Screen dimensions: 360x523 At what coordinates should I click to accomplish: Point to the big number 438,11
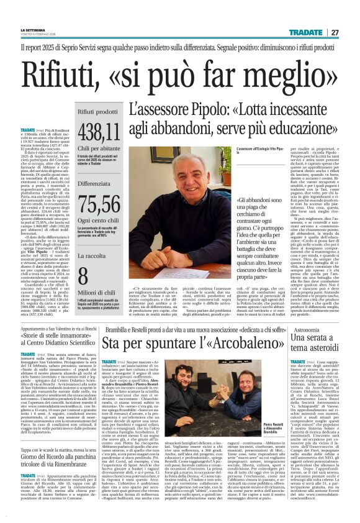tap(100, 131)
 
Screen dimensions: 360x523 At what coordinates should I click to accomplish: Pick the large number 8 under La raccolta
tap(83, 276)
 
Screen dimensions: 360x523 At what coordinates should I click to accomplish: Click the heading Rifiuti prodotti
tap(98, 111)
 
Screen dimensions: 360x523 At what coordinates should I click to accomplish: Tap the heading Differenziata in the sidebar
tap(95, 183)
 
